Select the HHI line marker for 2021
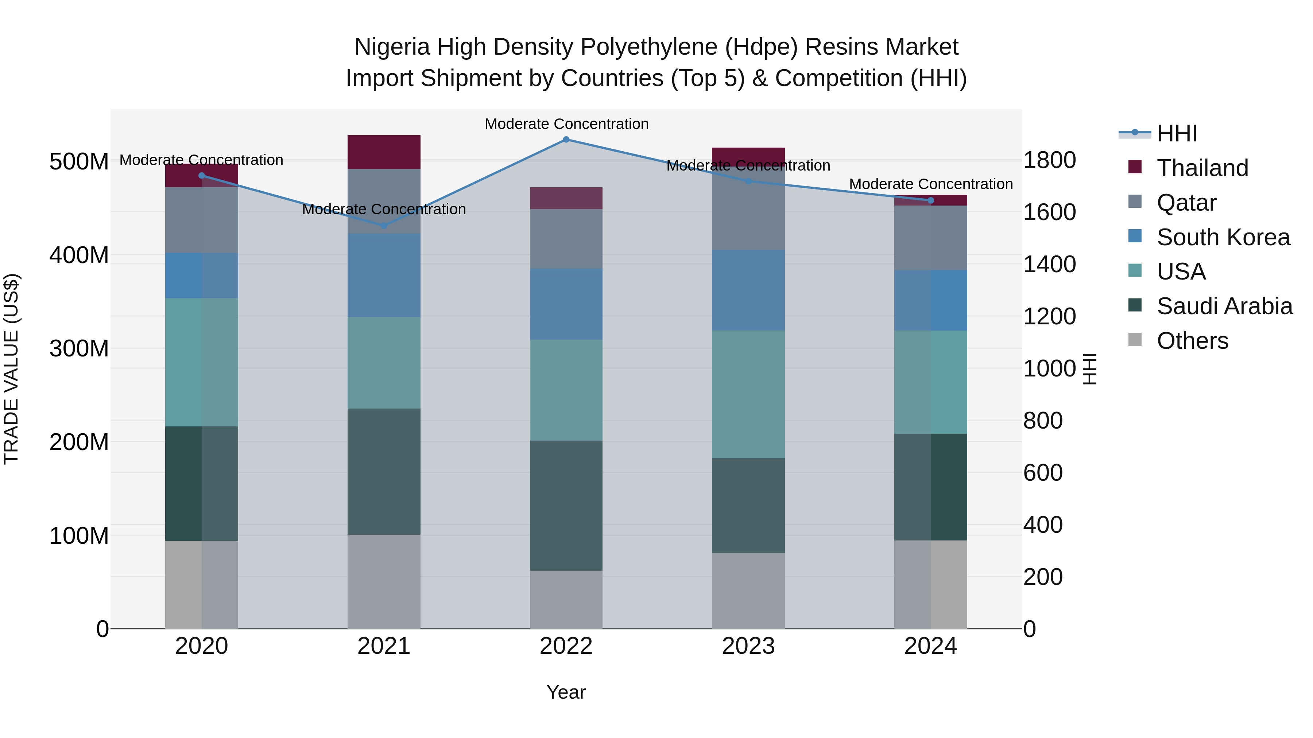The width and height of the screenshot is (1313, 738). pos(384,226)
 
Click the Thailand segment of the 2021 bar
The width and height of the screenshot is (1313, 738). pos(384,152)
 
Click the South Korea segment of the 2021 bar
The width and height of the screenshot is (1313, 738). pos(384,276)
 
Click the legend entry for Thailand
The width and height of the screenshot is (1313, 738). pos(1202,168)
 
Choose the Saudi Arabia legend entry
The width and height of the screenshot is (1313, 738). pos(1224,306)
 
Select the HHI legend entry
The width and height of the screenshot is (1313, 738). pos(1176,133)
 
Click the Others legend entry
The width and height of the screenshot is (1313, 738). pos(1192,341)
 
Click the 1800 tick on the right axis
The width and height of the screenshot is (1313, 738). pos(1049,160)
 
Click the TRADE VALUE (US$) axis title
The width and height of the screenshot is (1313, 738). pos(11,369)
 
